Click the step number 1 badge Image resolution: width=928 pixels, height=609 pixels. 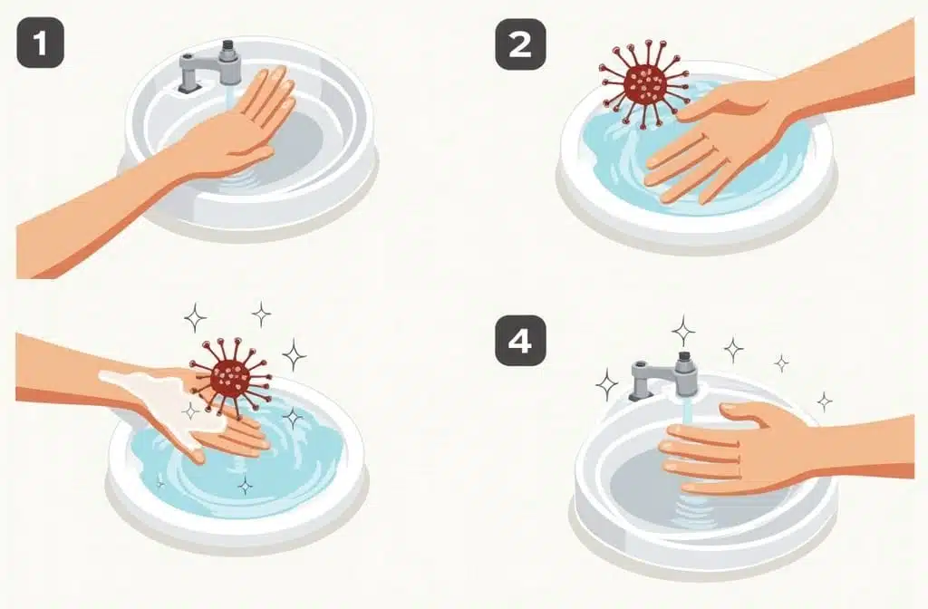(40, 43)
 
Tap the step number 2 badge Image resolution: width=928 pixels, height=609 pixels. (520, 44)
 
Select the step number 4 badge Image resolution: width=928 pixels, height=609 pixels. (520, 341)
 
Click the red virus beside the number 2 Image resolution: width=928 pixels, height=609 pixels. (644, 83)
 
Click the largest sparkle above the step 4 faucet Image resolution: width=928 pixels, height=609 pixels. (683, 331)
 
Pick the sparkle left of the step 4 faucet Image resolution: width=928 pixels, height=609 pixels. (606, 384)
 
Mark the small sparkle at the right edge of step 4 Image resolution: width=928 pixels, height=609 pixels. (824, 401)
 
